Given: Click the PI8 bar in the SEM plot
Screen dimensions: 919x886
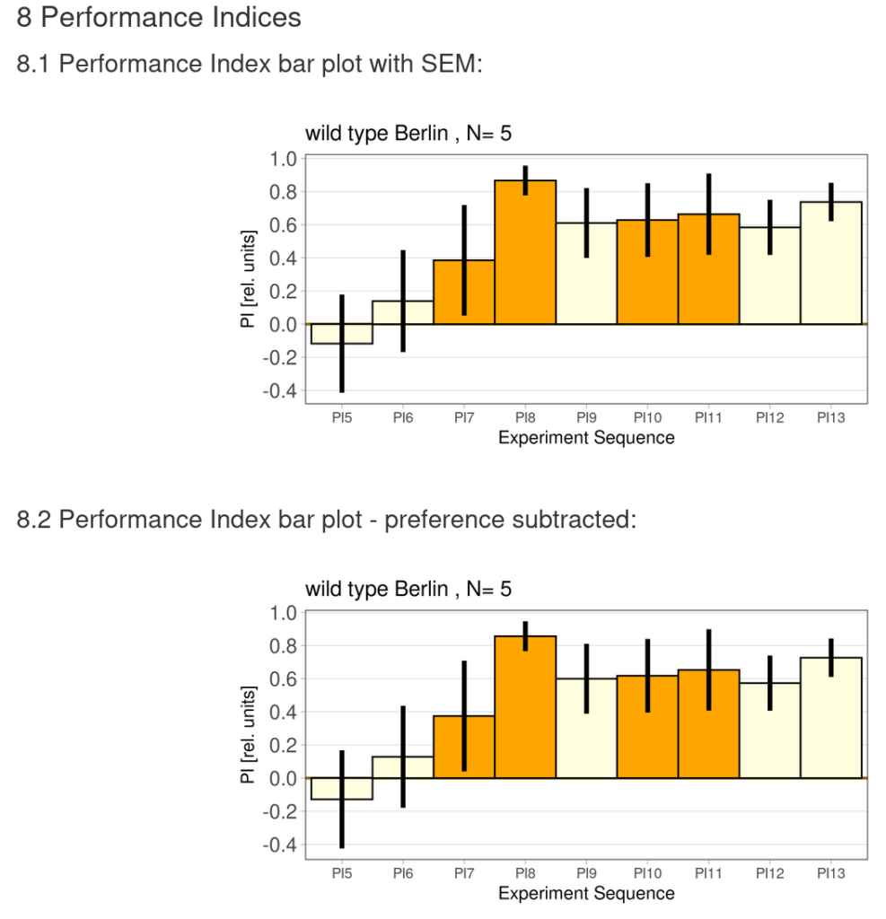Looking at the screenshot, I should pyautogui.click(x=525, y=260).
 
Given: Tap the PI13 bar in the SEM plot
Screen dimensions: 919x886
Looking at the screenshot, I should pyautogui.click(x=830, y=269).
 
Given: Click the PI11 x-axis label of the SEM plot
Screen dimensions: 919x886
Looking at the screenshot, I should pyautogui.click(x=708, y=417).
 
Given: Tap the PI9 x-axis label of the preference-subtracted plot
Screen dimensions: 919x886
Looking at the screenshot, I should pyautogui.click(x=586, y=871).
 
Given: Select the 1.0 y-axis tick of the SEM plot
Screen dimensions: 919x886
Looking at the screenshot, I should pyautogui.click(x=283, y=159).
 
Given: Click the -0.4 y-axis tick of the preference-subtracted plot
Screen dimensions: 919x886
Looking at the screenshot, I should pyautogui.click(x=279, y=845).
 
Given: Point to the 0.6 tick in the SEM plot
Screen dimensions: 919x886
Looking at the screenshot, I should pyautogui.click(x=283, y=225).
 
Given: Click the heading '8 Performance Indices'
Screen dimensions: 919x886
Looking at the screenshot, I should pyautogui.click(x=159, y=17).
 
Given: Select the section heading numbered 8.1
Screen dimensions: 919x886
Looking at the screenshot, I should pyautogui.click(x=250, y=65).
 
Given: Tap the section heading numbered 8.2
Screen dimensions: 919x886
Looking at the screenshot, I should pyautogui.click(x=327, y=520).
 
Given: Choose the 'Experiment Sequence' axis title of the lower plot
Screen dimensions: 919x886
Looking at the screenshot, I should pyautogui.click(x=586, y=893).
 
